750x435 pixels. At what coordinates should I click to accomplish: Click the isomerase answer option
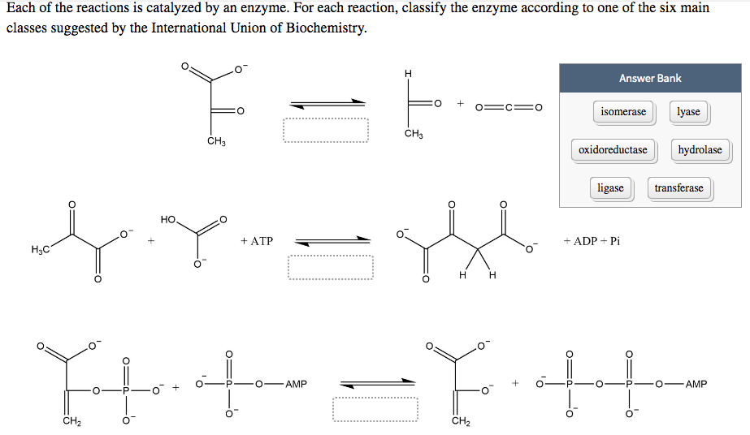623,112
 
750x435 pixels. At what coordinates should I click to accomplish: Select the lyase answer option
688,112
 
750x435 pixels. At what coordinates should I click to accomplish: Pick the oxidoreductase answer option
613,150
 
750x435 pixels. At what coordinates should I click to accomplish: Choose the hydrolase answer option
700,150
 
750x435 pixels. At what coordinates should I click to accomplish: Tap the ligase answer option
610,188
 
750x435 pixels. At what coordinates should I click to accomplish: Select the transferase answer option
678,188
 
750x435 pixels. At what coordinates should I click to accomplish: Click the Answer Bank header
649,79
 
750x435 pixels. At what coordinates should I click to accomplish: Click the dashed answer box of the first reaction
326,130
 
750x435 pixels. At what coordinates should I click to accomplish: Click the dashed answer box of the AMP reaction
375,408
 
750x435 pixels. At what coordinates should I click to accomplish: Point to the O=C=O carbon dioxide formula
509,106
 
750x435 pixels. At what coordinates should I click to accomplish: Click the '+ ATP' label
257,241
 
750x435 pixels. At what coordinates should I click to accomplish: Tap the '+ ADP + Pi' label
591,241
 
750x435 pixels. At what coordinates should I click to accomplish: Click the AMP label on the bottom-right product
696,384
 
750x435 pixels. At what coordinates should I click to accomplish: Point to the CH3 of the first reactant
215,143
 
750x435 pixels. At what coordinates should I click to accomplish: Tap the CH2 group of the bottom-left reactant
71,420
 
